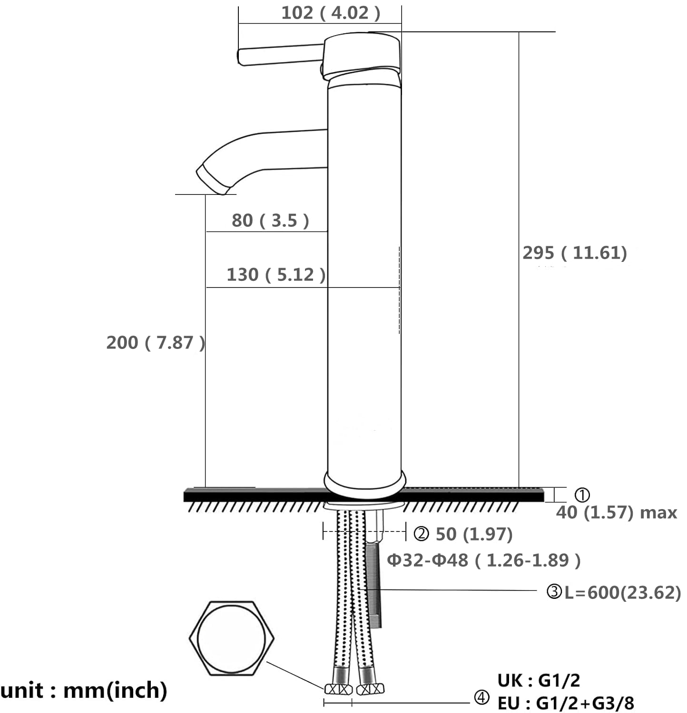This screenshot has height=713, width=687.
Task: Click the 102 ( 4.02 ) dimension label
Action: point(331,13)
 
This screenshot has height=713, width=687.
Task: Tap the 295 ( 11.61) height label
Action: point(575,253)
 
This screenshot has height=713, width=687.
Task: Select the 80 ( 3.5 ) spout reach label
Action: point(270,221)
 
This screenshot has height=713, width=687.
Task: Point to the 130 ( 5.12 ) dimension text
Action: point(276,275)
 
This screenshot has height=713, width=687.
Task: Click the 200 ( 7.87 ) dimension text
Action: point(156,343)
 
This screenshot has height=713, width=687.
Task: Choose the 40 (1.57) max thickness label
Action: point(617,513)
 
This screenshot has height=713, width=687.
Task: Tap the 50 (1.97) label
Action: point(474,534)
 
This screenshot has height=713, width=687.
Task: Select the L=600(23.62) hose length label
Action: point(623,593)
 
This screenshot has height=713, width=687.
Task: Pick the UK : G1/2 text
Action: point(539,681)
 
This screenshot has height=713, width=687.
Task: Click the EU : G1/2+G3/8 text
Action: point(566,703)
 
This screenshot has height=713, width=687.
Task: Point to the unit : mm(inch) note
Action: point(84,690)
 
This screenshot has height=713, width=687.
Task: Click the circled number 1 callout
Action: point(582,495)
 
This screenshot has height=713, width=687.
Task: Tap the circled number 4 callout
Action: point(481,698)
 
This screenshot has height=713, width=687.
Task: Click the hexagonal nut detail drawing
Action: point(231,638)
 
